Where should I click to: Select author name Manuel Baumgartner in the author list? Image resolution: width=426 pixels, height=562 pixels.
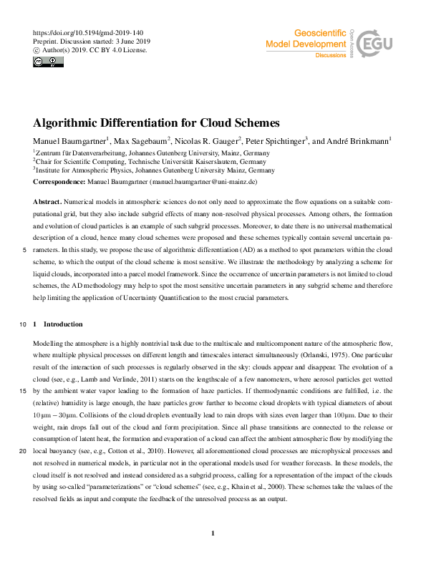tap(69, 141)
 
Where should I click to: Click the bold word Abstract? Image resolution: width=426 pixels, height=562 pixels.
tap(47, 203)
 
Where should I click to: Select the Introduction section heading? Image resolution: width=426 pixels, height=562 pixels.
tap(63, 324)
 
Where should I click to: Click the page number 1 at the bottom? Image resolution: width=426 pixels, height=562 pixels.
tap(213, 533)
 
